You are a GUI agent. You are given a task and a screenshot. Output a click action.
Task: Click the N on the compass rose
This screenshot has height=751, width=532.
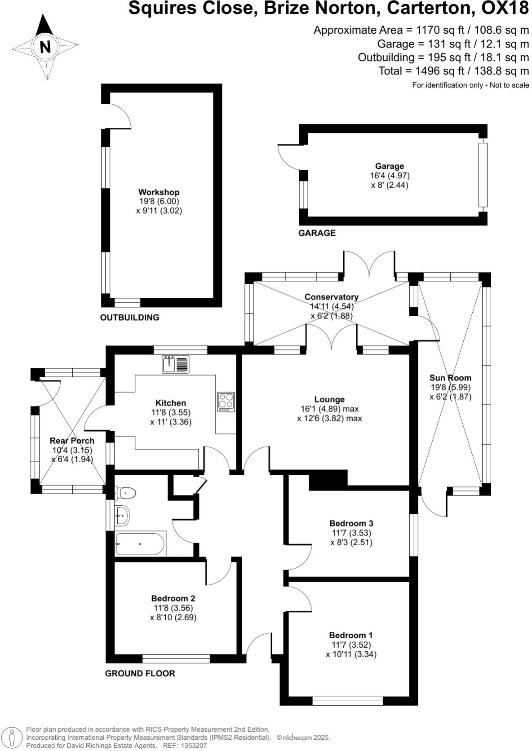pos(45,47)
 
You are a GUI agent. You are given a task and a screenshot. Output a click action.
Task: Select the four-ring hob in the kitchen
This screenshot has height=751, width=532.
pos(226,402)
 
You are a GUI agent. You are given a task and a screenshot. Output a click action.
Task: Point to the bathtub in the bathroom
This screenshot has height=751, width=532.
pos(140,544)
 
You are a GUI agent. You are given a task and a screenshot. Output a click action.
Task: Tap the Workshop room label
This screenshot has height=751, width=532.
pos(159,192)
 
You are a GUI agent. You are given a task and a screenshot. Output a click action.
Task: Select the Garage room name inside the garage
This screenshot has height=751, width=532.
pos(390,166)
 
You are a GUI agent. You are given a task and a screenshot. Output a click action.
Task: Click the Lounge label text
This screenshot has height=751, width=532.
pos(329,399)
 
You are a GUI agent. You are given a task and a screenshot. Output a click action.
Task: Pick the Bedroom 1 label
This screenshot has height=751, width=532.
pos(350,635)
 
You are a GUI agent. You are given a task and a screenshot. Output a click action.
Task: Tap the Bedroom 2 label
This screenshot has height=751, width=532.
pos(173,598)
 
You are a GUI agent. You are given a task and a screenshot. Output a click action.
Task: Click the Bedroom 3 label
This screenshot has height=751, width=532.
pos(351,523)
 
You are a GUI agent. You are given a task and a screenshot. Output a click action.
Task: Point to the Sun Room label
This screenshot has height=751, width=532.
pos(450,378)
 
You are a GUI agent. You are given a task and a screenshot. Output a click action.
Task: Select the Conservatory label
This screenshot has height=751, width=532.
pos(331,297)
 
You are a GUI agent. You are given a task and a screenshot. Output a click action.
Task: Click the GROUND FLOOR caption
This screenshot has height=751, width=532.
pos(140,673)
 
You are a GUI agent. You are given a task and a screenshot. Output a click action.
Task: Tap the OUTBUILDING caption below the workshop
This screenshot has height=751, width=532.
pos(129,318)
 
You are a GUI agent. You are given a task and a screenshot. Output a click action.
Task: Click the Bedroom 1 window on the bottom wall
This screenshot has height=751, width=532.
pos(348,701)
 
